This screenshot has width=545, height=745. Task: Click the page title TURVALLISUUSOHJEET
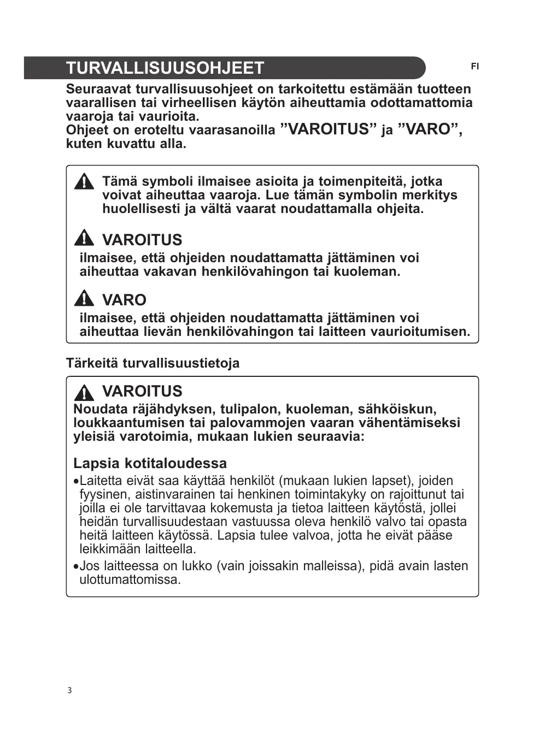[x=165, y=68]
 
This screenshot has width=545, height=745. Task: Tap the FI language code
[x=474, y=67]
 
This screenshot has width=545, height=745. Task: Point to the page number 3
[x=69, y=690]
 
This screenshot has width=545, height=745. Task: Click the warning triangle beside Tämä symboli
[x=84, y=181]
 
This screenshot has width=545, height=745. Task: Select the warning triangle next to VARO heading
[x=84, y=299]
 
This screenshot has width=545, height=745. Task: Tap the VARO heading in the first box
[x=124, y=300]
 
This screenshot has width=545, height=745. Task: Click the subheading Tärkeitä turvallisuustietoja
[x=153, y=363]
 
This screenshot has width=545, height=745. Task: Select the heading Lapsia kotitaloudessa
[x=150, y=463]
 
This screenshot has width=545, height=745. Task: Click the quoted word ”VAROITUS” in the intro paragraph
[x=329, y=129]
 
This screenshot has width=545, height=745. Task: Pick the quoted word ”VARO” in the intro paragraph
[x=430, y=129]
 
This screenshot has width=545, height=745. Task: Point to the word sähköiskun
[x=397, y=409]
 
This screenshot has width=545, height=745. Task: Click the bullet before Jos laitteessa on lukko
[x=76, y=566]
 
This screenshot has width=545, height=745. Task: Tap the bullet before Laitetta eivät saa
[x=76, y=482]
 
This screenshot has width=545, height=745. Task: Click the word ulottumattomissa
[x=130, y=580]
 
